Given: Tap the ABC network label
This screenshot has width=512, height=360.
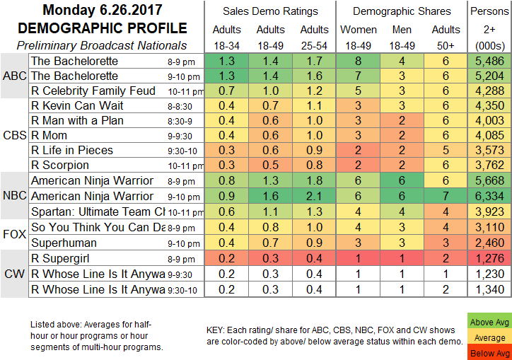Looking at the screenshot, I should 14,76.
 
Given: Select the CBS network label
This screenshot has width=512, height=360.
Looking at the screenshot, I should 14,135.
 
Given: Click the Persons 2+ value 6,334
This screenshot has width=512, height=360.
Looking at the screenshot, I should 491,195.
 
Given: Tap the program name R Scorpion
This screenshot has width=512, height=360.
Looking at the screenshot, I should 55,165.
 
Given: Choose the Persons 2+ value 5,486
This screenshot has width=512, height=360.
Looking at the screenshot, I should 491,62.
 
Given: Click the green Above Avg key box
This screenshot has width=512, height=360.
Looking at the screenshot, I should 489,322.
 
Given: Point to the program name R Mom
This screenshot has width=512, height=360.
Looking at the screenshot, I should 48,135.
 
